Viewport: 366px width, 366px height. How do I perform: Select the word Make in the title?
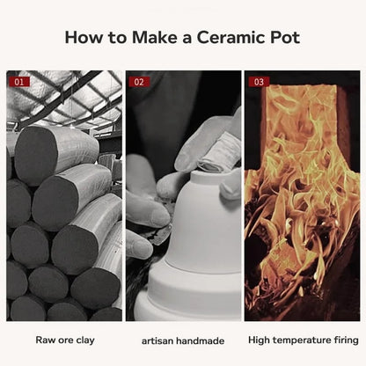pos(155,37)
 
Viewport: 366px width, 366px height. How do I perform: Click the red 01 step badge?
pos(19,82)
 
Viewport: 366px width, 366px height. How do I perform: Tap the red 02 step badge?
pos(139,82)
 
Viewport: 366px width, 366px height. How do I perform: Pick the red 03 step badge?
pos(259,82)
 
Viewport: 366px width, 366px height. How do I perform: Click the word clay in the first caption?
pos(85,340)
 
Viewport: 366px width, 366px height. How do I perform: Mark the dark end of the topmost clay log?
pos(34,155)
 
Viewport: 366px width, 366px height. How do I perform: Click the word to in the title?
pos(118,38)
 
